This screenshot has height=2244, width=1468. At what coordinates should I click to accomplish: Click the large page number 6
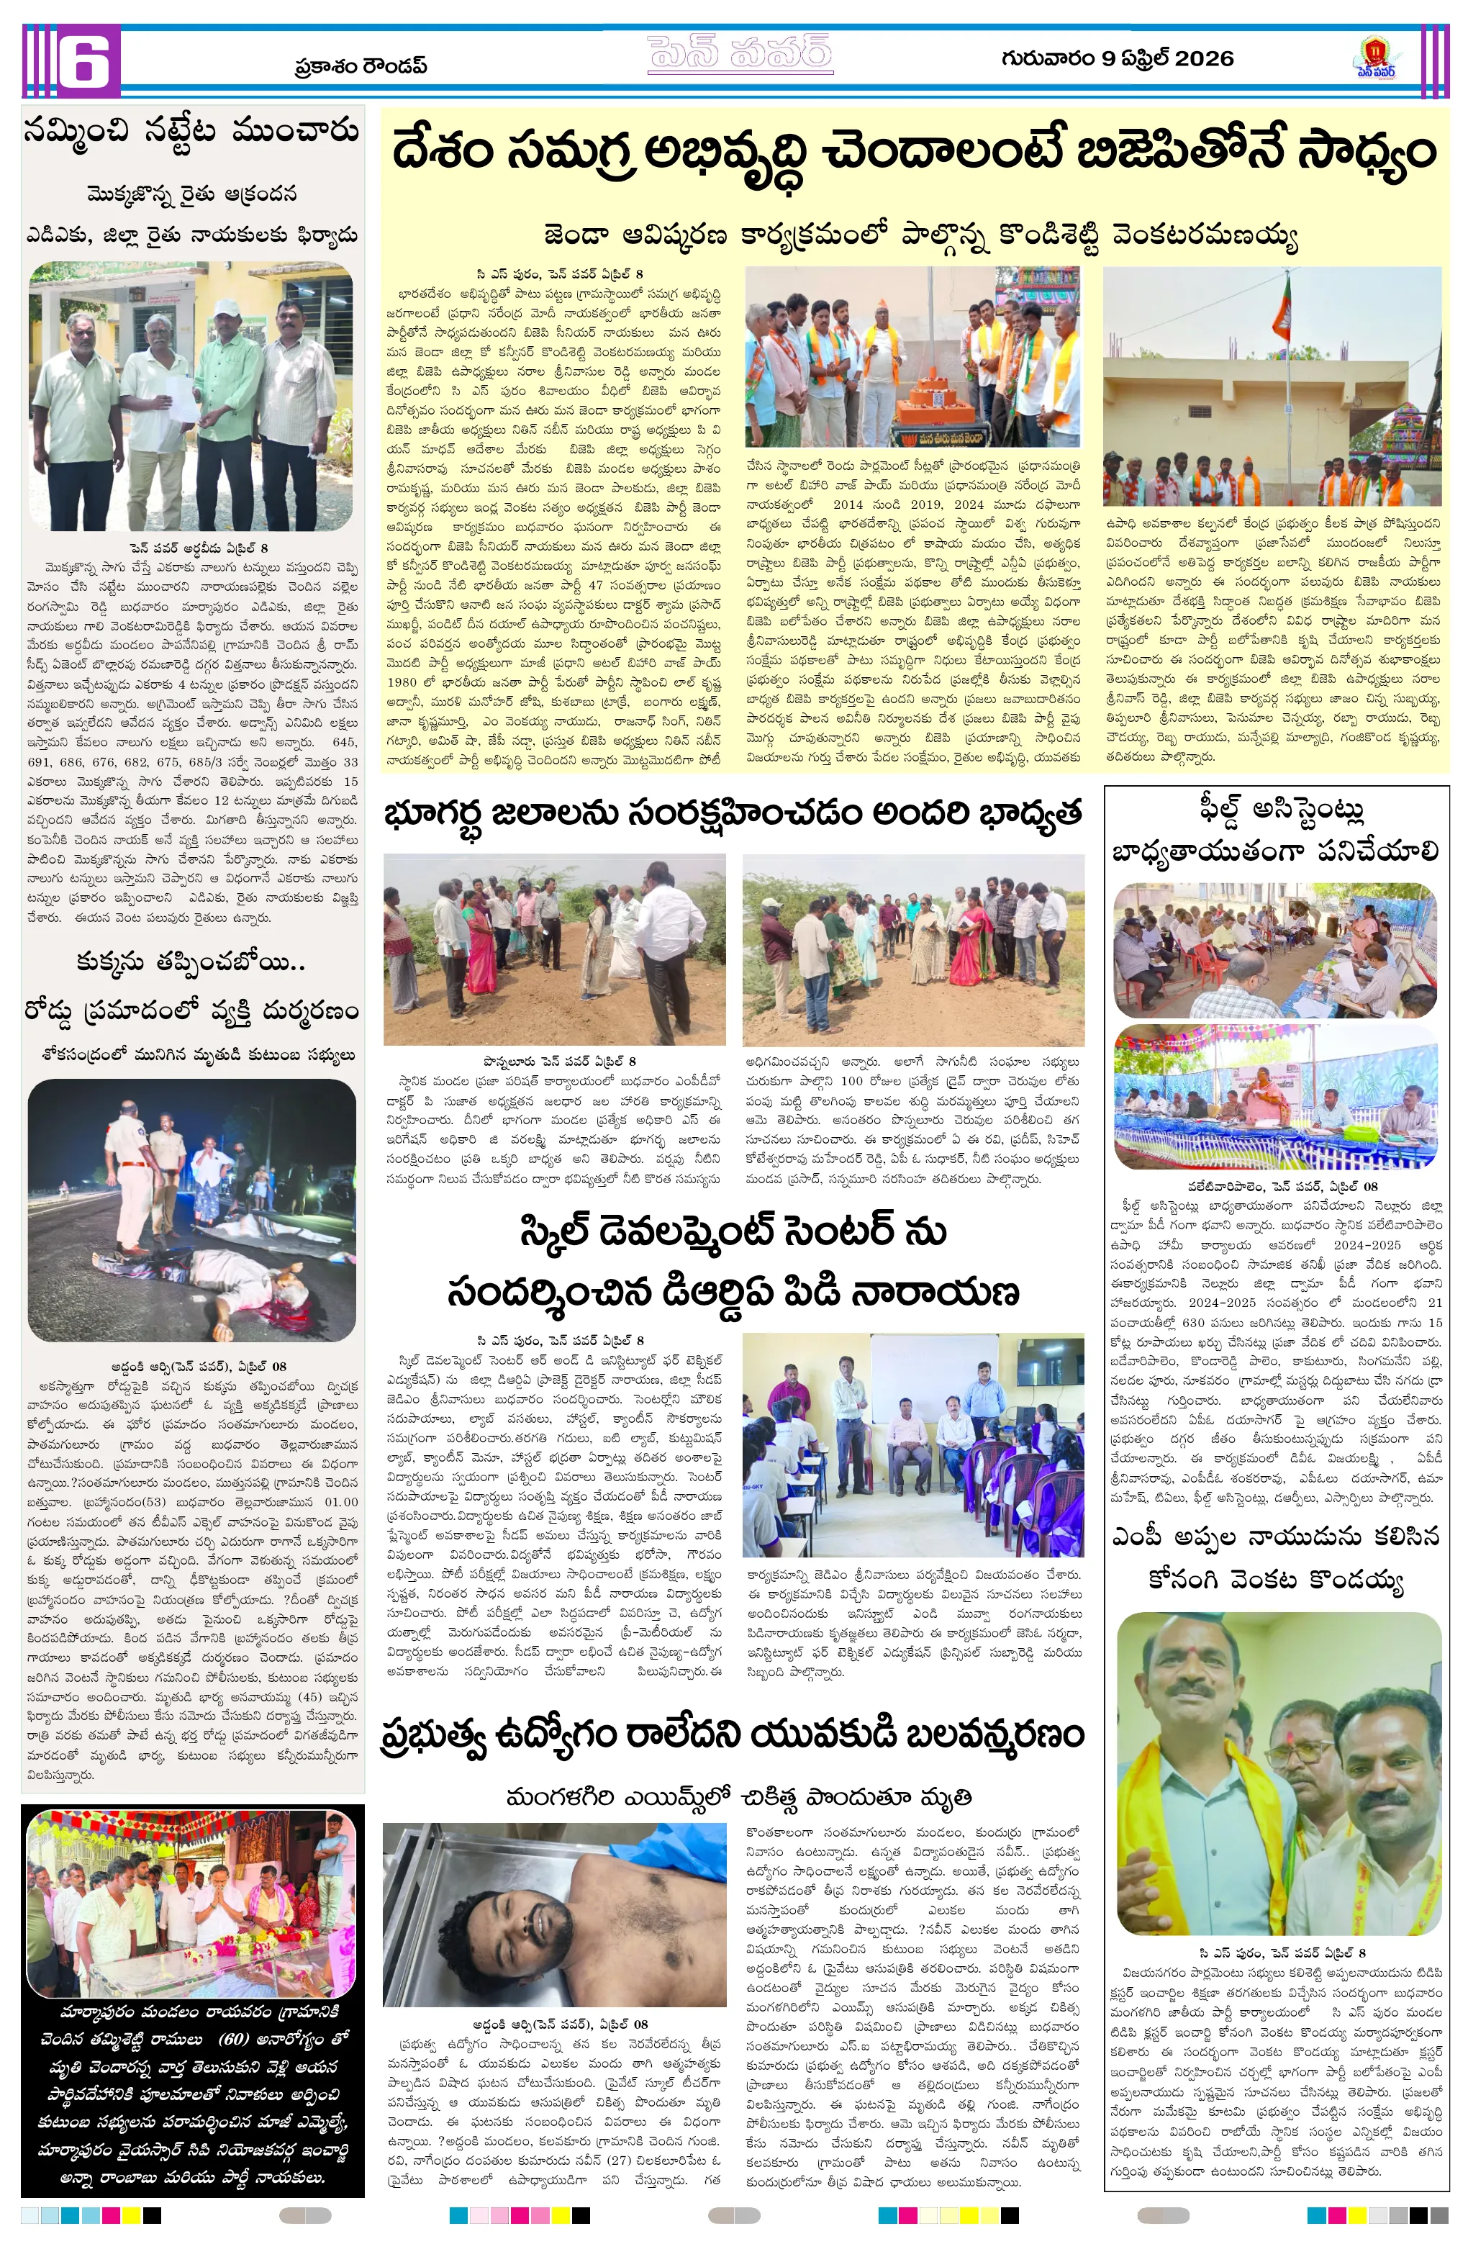click(x=89, y=60)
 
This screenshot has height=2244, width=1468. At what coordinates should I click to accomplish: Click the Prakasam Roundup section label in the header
click(x=361, y=66)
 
